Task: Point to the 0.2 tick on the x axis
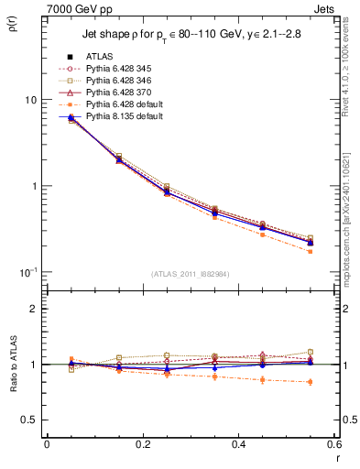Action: [x=143, y=445]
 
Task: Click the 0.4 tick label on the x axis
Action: [x=239, y=445]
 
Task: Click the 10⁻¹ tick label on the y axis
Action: [x=27, y=272]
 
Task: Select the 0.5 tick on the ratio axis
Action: [x=28, y=420]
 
